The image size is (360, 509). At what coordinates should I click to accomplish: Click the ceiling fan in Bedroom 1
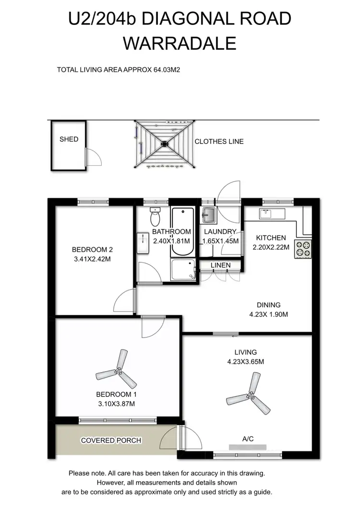coord(118,370)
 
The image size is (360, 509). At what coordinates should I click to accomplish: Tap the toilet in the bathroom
coord(155,218)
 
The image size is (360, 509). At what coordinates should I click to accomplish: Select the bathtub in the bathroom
coord(182,232)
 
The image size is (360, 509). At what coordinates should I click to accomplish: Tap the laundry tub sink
coord(209,215)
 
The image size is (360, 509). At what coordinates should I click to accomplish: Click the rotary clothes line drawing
coord(165,144)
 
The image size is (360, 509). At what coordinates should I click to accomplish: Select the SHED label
coord(69,139)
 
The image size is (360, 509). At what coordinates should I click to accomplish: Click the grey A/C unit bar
coord(248,447)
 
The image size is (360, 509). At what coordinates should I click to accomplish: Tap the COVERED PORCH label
coord(104,440)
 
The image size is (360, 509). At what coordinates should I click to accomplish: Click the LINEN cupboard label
coord(220,265)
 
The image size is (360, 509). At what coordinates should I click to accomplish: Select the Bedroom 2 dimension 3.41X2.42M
coord(92,259)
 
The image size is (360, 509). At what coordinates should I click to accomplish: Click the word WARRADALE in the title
coord(180,44)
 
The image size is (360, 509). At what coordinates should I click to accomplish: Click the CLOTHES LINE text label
coord(219,142)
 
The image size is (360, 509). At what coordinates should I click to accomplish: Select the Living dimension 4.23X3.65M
coord(245,362)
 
